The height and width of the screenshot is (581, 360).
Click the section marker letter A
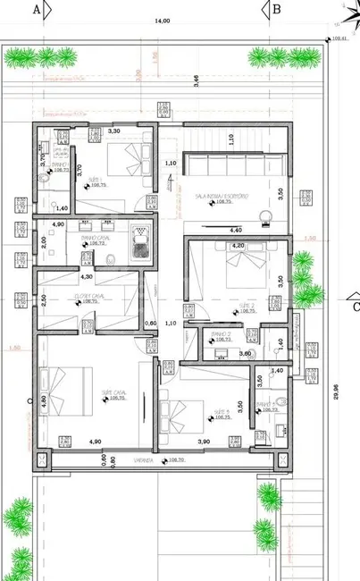pos(37,10)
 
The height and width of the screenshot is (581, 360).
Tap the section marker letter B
pos(277,10)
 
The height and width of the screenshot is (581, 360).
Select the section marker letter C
pos(355,308)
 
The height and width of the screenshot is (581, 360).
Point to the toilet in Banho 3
pos(279,402)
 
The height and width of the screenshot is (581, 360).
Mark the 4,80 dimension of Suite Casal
pos(44,400)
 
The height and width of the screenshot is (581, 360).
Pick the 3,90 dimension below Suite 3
pos(203,442)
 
